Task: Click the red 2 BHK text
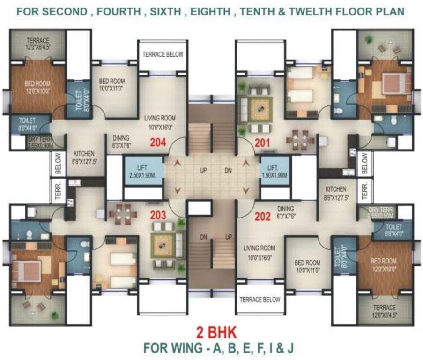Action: coord(211,333)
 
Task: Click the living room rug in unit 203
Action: coord(165,245)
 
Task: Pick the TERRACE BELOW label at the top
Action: coord(163,55)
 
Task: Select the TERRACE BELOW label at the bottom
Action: coord(260,300)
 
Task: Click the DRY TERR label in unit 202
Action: coord(383,213)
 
